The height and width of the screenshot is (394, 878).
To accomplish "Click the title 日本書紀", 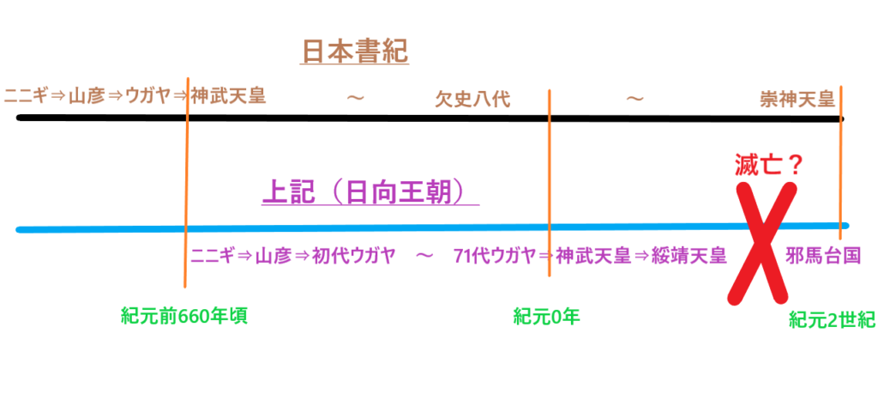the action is click(355, 52).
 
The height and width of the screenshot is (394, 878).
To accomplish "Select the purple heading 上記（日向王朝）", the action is click(370, 193).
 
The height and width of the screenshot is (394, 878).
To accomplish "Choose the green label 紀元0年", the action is click(546, 317).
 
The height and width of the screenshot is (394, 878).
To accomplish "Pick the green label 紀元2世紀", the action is click(832, 320).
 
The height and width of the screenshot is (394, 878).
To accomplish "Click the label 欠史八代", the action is click(472, 100).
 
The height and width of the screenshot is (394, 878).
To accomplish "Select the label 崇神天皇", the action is click(797, 100).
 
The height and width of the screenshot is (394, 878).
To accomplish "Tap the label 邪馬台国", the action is click(822, 256).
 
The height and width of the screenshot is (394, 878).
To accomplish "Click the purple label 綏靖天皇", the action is click(689, 256).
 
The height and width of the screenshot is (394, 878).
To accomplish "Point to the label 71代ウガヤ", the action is click(496, 256).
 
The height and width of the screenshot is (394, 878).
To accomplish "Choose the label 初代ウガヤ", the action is click(354, 256).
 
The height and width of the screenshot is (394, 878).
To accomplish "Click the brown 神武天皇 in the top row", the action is click(227, 96).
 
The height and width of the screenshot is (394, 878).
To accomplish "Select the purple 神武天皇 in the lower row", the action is click(593, 256).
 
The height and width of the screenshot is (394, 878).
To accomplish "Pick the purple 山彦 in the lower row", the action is click(274, 256).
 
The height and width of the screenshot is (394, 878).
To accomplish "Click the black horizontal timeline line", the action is click(430, 118).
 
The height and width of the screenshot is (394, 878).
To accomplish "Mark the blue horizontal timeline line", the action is click(432, 227).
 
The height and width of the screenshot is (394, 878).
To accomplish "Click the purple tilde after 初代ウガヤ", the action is click(425, 256).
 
